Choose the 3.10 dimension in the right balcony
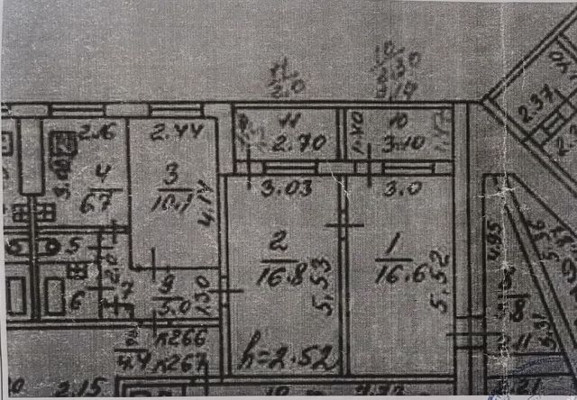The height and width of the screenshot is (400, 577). pos(398,142)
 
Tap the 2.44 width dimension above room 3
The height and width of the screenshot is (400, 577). pos(169,135)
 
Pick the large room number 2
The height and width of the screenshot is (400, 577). pos(277,241)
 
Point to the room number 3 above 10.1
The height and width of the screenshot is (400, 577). pos(174,171)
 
